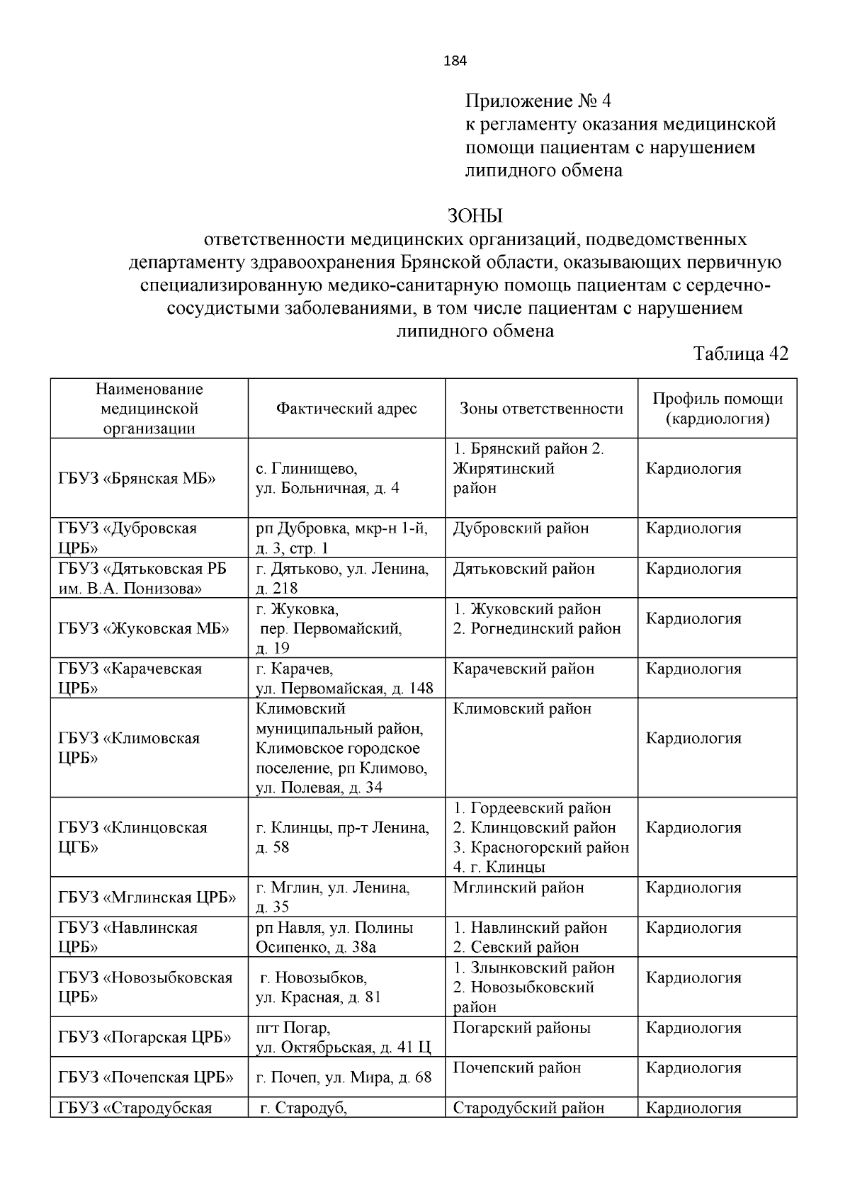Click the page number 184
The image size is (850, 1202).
pyautogui.click(x=455, y=61)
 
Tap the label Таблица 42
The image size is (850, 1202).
pyautogui.click(x=740, y=353)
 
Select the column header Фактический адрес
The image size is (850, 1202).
pyautogui.click(x=346, y=409)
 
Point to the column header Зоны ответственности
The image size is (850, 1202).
pyautogui.click(x=541, y=409)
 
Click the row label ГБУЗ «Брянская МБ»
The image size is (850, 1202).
pyautogui.click(x=137, y=478)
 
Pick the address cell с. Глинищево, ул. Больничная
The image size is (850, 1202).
pyautogui.click(x=327, y=478)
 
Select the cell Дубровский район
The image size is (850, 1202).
pyautogui.click(x=521, y=528)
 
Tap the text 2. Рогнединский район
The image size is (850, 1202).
pyautogui.click(x=536, y=628)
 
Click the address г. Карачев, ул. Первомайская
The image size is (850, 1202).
pyautogui.click(x=344, y=679)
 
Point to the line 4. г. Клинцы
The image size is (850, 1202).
pyautogui.click(x=499, y=867)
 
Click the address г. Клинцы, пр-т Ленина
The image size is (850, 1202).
pyautogui.click(x=342, y=837)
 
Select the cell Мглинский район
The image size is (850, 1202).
pyautogui.click(x=518, y=888)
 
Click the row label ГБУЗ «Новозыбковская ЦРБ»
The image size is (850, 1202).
pyautogui.click(x=145, y=987)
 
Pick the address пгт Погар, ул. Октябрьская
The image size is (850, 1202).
pyautogui.click(x=343, y=1038)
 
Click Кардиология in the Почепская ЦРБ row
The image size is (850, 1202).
pyautogui.click(x=693, y=1067)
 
